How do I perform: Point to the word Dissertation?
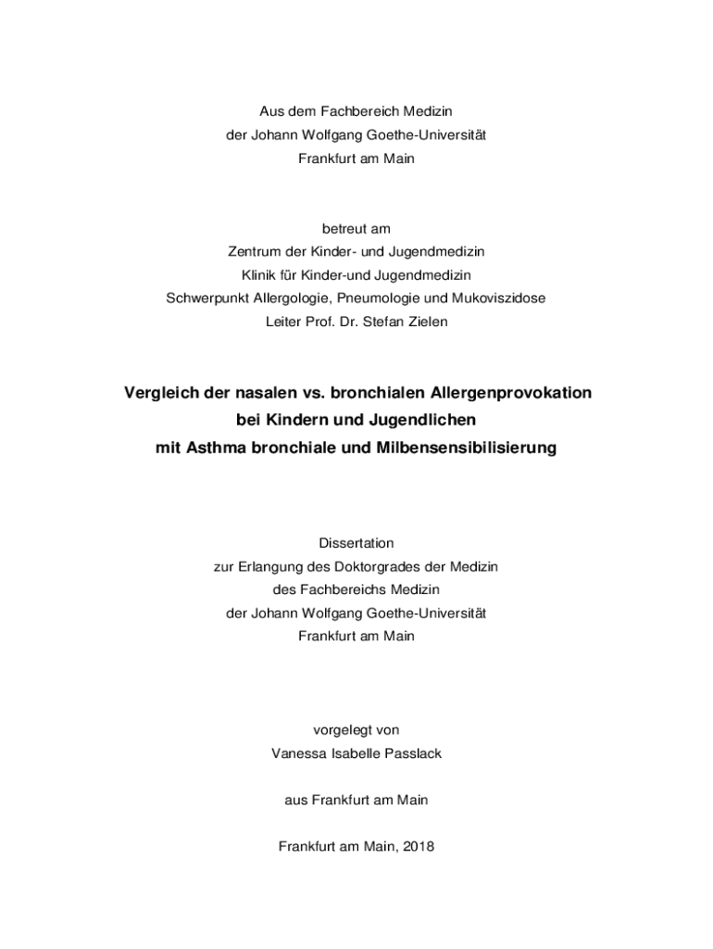coord(356,543)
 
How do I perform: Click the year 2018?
coord(419,846)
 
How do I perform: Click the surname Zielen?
coord(426,323)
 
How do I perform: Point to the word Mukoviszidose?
coord(501,298)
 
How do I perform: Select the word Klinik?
coord(260,275)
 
